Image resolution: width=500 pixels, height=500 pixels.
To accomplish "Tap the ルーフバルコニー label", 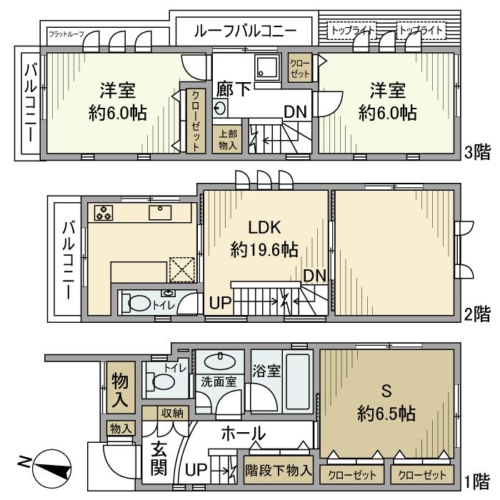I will [x=244, y=31].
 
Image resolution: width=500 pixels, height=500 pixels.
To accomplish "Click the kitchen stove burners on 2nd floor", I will [x=103, y=212].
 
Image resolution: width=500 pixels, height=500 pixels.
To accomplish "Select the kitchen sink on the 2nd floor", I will [x=159, y=212].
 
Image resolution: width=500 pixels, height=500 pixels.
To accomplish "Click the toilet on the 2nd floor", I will [x=140, y=303].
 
